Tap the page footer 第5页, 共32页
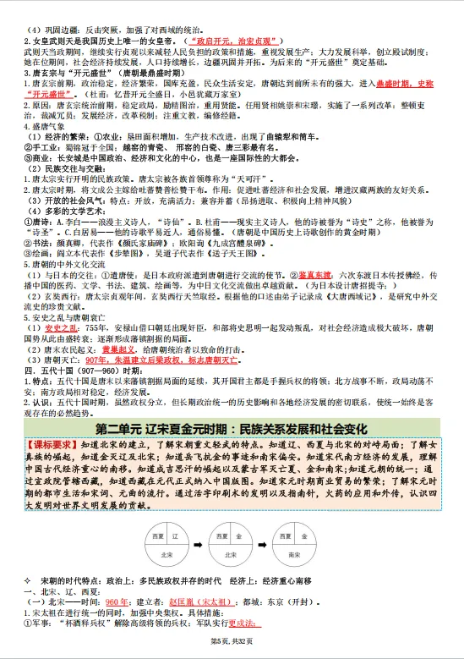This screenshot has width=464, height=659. (232, 649)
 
